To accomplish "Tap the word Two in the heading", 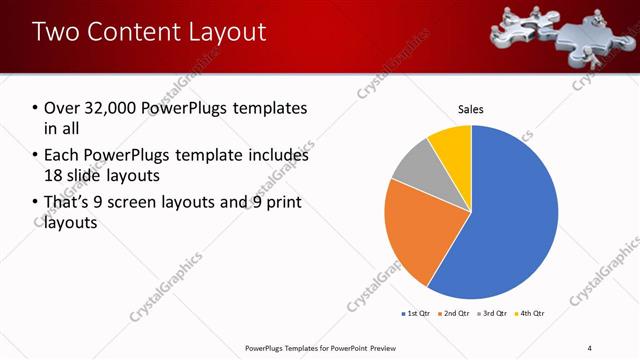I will pos(54,32).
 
